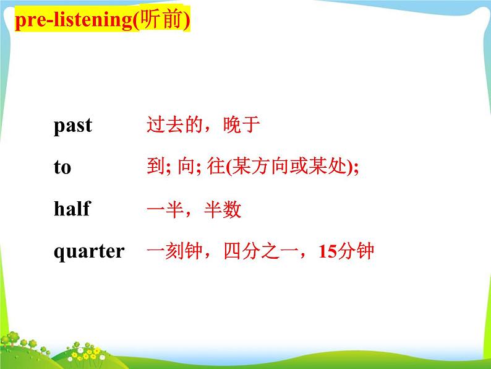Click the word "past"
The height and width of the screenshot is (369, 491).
(73, 126)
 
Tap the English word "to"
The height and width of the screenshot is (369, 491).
(62, 167)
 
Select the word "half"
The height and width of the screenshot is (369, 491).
(72, 208)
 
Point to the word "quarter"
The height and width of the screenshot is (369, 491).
(89, 252)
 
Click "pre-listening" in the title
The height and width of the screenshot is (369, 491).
(74, 20)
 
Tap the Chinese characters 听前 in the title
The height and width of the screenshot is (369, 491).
(161, 19)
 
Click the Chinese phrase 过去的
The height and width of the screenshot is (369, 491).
(175, 124)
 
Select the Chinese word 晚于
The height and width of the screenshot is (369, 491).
(241, 124)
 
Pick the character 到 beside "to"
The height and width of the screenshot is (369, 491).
(156, 166)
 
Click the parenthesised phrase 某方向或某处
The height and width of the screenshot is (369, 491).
(289, 166)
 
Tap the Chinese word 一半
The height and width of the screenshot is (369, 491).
(165, 209)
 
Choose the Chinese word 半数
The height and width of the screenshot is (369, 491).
(223, 209)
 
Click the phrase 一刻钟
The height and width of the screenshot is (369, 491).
(175, 251)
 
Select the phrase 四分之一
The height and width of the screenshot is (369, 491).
(261, 251)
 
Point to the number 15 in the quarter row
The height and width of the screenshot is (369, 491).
(328, 251)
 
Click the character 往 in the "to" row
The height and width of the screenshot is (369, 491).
(216, 166)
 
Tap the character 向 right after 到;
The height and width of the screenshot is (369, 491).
(187, 166)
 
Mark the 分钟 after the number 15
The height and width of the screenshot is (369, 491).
(356, 251)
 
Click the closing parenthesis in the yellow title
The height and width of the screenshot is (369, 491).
(187, 20)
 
